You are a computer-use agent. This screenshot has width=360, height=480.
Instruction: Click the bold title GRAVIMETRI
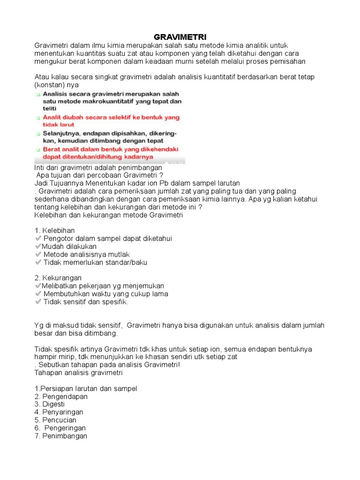click(180, 37)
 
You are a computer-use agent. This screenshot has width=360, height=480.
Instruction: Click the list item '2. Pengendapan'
click(61, 397)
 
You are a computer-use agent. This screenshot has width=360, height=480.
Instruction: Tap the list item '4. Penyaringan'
click(59, 412)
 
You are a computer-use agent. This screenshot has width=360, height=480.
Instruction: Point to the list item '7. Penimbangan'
click(61, 436)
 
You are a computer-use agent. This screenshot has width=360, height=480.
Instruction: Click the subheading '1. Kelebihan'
click(54, 231)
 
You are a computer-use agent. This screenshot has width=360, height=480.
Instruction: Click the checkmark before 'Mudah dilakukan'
click(37, 247)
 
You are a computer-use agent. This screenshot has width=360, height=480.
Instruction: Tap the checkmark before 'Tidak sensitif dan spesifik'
click(38, 302)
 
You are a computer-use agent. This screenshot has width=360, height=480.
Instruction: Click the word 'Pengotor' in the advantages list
click(58, 239)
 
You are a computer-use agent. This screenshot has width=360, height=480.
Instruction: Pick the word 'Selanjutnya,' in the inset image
click(63, 133)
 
